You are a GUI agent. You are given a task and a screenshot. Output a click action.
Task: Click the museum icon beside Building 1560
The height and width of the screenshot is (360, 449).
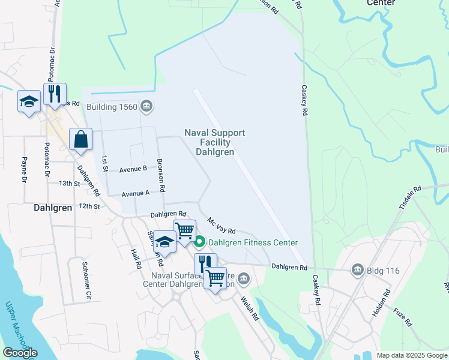click(146, 107)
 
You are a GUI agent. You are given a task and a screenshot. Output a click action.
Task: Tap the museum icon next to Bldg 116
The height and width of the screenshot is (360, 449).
click(358, 270)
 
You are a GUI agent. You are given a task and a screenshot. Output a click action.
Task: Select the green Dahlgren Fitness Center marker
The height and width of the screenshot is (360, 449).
click(199, 242)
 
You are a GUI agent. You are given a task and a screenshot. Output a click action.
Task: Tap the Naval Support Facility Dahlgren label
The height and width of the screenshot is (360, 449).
click(215, 142)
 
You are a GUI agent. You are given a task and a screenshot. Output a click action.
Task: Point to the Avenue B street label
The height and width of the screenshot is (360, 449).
click(133, 169)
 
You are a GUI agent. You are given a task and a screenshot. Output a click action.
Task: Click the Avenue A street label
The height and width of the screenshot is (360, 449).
click(135, 193)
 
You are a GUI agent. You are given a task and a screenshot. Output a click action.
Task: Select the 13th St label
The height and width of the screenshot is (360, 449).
click(69, 183)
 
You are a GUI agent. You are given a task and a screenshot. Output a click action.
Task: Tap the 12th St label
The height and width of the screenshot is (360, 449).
click(88, 206)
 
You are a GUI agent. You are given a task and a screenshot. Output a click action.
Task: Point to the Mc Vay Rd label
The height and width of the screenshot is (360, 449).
click(221, 226)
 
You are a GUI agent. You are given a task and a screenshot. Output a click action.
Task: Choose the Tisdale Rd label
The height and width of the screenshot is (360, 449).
click(411, 197)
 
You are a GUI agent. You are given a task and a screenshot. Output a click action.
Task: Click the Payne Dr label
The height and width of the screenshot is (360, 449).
click(25, 169)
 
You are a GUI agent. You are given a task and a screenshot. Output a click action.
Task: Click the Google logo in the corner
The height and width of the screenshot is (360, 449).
click(20, 352)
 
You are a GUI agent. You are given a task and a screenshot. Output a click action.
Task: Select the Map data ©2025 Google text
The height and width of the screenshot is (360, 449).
click(412, 355)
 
